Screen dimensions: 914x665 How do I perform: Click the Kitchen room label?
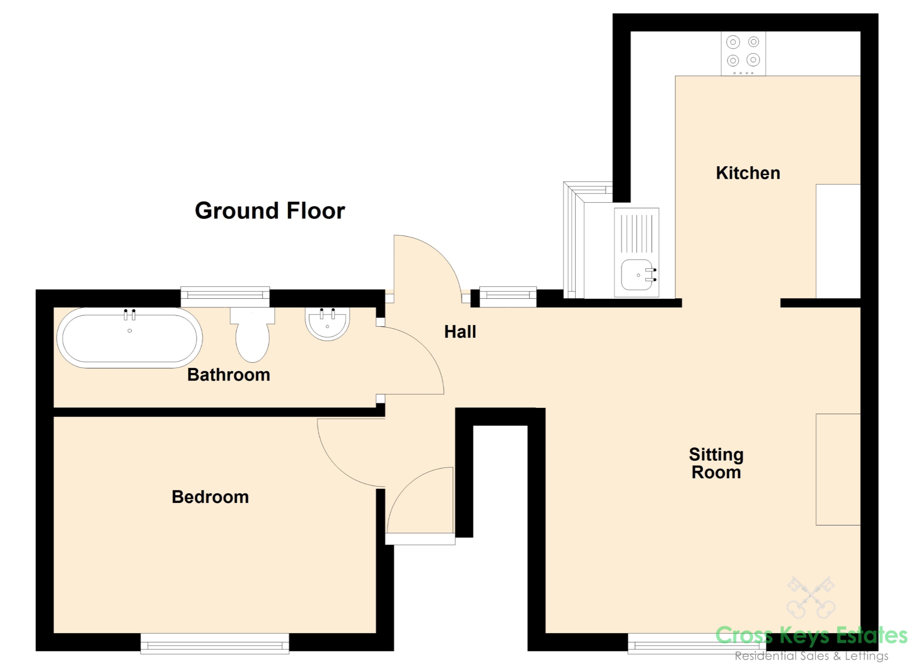(x=748, y=173)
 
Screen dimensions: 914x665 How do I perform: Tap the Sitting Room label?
(x=716, y=463)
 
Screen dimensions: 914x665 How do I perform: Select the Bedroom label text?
(x=210, y=497)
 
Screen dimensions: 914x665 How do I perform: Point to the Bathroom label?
(x=228, y=375)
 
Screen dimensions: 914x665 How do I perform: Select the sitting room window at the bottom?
(x=697, y=644)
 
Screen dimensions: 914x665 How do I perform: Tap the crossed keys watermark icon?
(x=811, y=603)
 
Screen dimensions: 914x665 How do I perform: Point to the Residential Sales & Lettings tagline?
(x=811, y=656)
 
